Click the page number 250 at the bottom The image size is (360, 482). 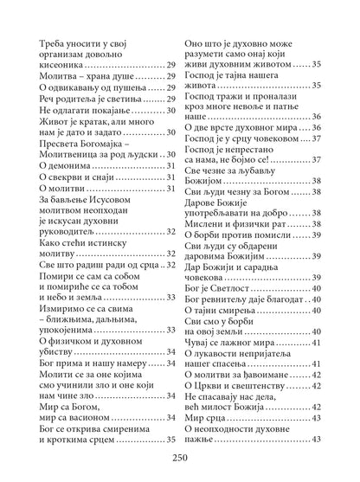[180, 460]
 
